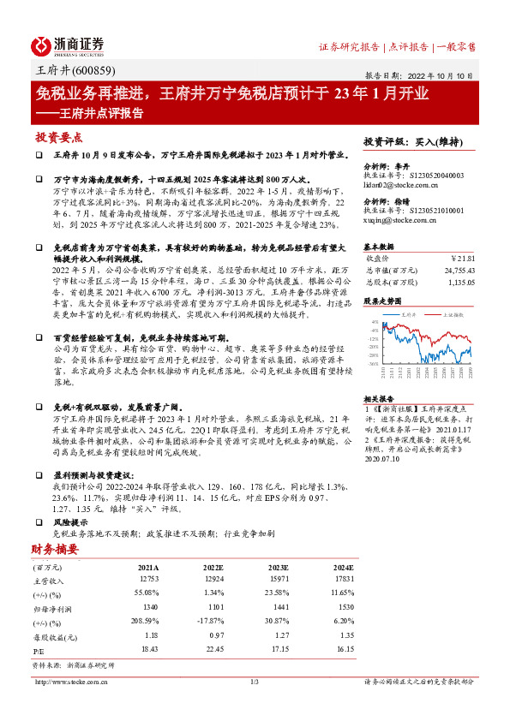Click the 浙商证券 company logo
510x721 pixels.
tap(68, 45)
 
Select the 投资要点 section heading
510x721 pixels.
tap(58, 137)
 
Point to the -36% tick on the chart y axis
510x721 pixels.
tap(375, 363)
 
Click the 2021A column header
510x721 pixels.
tap(147, 566)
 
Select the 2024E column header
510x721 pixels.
tap(342, 566)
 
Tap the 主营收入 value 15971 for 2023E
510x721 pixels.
tap(278, 581)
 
